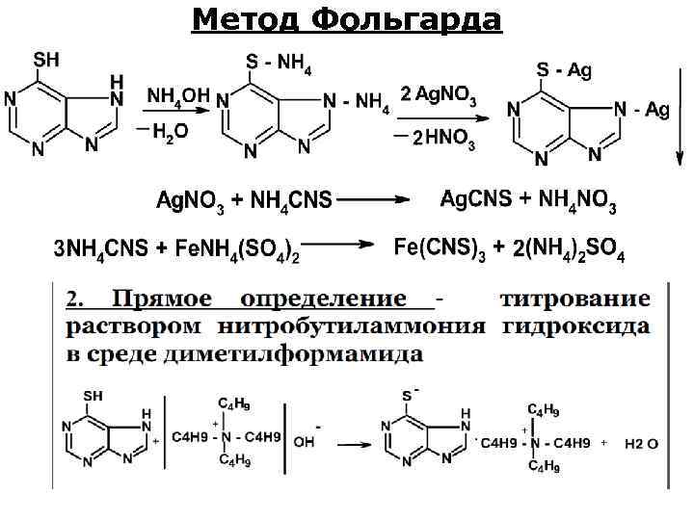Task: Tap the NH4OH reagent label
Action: (178, 95)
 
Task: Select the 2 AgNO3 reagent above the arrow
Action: (439, 93)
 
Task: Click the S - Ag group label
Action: (564, 69)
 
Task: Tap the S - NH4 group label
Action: (280, 63)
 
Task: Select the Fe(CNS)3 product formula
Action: (440, 249)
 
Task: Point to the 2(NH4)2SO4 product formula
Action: (569, 251)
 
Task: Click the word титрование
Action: (575, 300)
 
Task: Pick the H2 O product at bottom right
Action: (641, 444)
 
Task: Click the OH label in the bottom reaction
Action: (303, 443)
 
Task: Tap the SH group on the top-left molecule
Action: (46, 60)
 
